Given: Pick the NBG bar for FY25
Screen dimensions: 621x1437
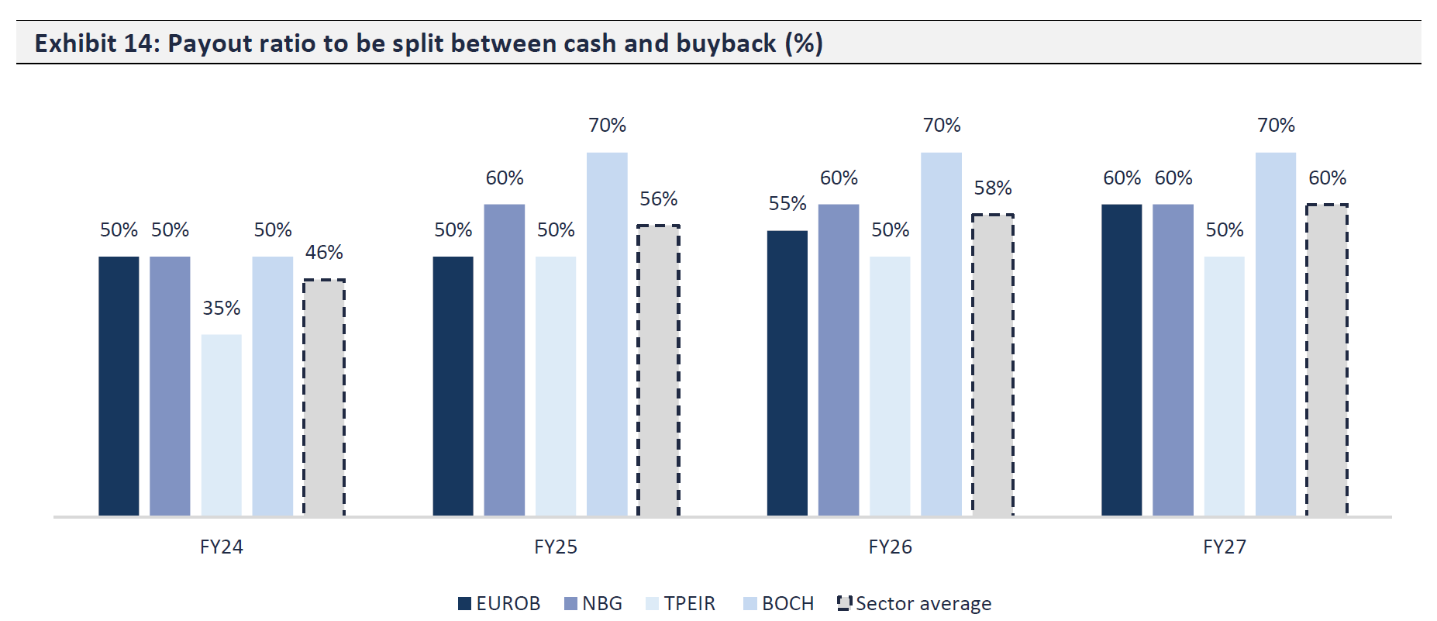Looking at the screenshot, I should coord(504,360).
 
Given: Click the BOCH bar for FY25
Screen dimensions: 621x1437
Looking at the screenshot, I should coord(607,334).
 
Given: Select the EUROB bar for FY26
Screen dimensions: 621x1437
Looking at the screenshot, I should coord(787,373).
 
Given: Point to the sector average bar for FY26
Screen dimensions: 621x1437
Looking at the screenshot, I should coord(993,365).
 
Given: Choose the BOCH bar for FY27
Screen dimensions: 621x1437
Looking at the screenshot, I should coord(1275,334).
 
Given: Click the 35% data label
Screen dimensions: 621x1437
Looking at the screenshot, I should coord(222,308).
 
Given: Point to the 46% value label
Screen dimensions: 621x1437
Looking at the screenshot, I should coord(324,252).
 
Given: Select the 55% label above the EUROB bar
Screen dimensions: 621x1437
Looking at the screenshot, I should coord(787,203).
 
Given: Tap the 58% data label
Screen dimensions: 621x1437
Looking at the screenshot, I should coord(993,188).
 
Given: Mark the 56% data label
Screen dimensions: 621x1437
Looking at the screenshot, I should coord(658,198).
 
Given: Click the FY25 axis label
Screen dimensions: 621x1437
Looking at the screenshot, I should coord(556,547).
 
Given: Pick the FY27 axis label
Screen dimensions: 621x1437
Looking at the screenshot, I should coord(1225,547).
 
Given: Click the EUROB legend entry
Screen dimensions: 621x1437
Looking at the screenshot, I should coord(499,603).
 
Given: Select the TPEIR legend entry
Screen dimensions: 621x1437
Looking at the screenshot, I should coord(681,603).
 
